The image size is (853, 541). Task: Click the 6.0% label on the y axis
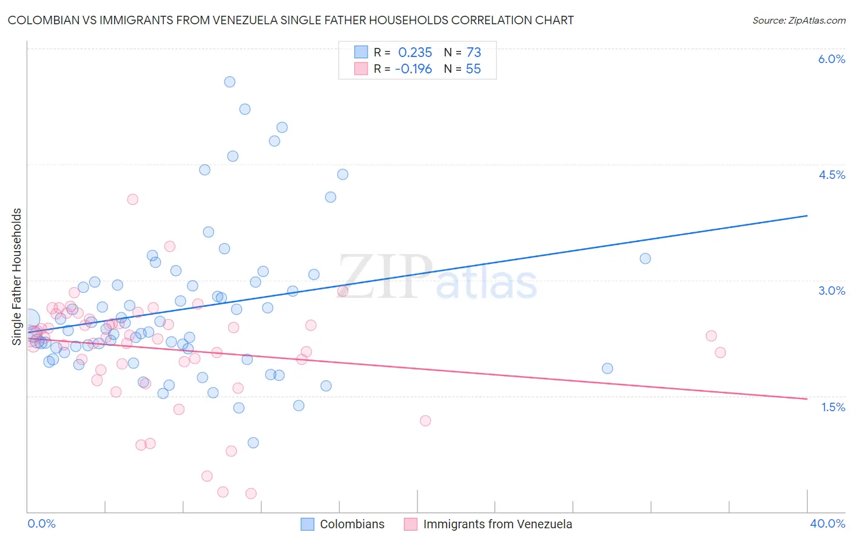tap(831, 59)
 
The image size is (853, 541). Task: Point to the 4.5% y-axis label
tap(831, 175)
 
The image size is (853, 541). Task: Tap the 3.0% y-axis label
tap(831, 291)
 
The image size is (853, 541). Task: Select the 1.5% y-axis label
tap(833, 407)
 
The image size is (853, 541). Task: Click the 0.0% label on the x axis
tap(41, 523)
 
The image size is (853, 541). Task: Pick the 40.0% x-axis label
tap(827, 523)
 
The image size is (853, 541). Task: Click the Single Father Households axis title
tap(16, 277)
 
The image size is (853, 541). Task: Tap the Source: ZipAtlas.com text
tap(798, 21)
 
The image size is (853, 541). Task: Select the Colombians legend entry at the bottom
tap(352, 524)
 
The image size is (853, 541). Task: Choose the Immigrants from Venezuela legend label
tap(497, 524)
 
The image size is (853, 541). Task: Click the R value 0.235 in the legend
tap(415, 52)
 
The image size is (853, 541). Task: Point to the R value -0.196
tap(413, 69)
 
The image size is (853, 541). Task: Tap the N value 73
tap(473, 52)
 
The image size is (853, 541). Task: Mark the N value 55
tap(473, 69)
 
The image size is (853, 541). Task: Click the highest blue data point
tap(230, 82)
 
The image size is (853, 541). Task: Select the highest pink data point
tap(132, 199)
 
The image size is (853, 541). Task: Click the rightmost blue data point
tap(646, 258)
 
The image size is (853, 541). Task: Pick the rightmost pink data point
tap(720, 352)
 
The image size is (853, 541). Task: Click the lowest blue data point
tap(254, 443)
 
